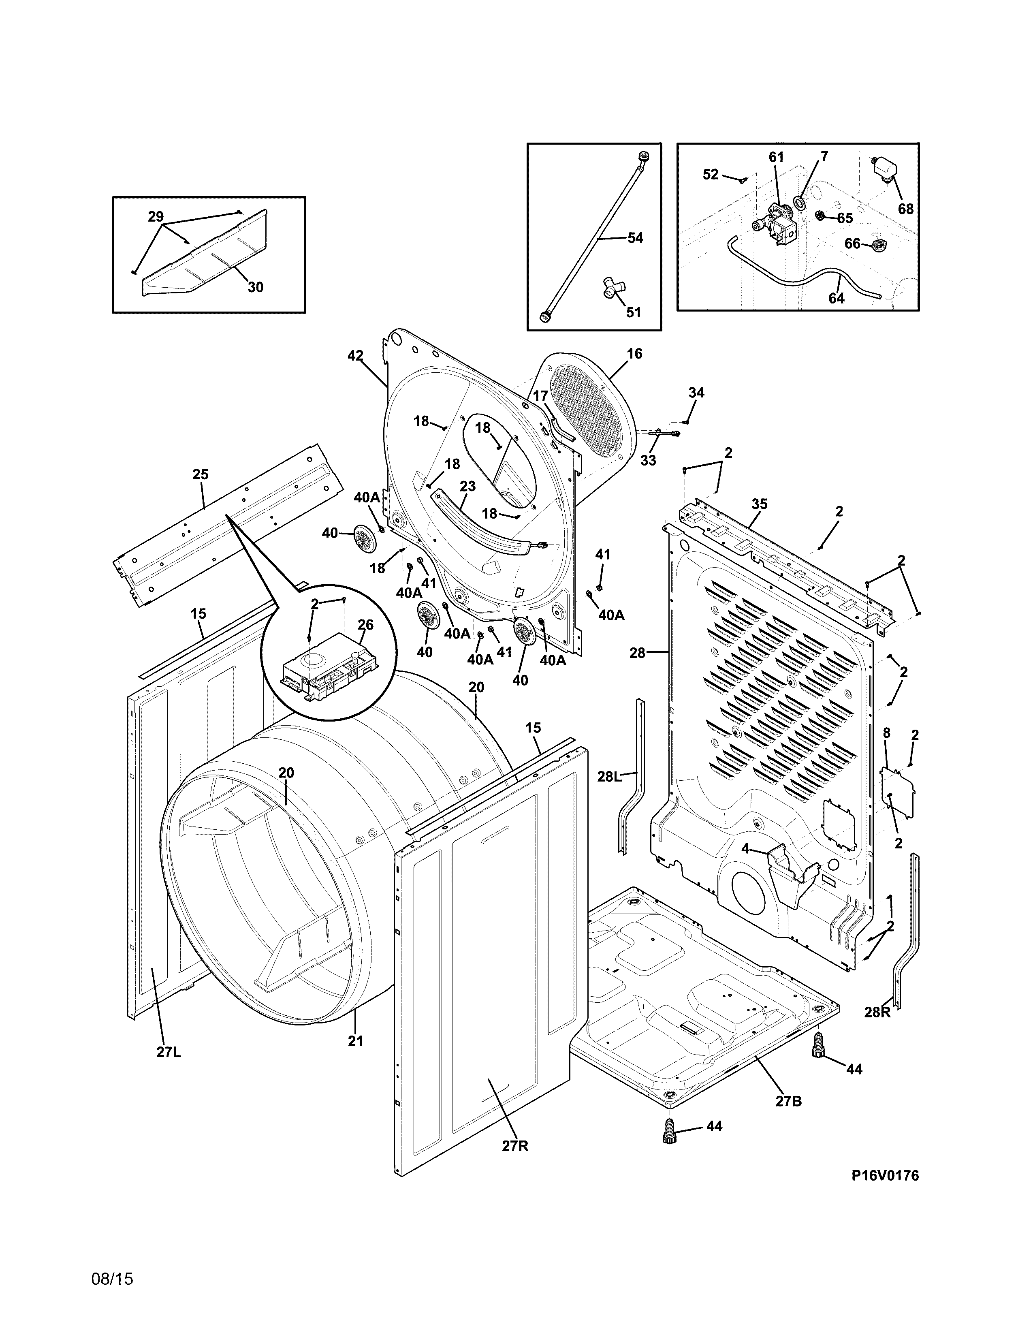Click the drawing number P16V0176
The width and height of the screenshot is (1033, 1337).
point(885,1175)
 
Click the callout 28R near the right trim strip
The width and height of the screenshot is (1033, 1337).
point(877,1012)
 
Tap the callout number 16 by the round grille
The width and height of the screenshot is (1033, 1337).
point(635,353)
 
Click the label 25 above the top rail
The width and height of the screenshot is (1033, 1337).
point(200,474)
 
